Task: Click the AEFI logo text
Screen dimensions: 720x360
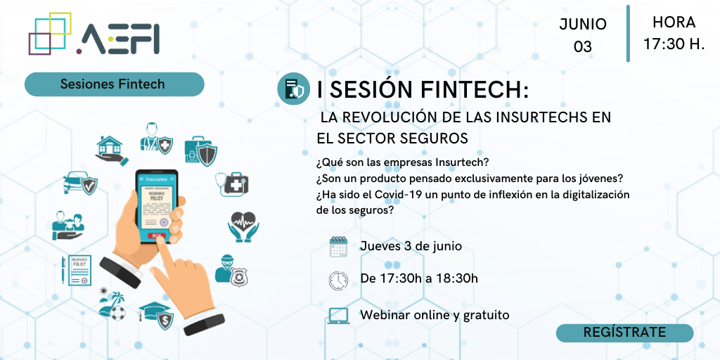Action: click(118, 39)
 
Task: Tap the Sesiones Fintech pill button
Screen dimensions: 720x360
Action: click(115, 84)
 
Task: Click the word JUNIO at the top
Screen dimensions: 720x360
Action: click(583, 25)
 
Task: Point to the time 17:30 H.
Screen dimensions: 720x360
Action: click(674, 44)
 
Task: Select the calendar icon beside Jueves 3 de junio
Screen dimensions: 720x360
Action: click(338, 247)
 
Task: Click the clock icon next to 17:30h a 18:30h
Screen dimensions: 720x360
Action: click(338, 280)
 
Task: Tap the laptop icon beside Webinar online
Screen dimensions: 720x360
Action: click(338, 316)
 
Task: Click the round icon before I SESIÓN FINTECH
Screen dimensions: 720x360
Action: click(294, 89)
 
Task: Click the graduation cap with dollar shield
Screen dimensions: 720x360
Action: click(157, 315)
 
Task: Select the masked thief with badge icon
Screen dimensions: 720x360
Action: click(231, 271)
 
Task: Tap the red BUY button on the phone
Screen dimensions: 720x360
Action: click(157, 236)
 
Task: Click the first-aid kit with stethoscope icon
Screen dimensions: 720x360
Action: click(232, 184)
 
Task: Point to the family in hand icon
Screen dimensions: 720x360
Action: click(68, 226)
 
